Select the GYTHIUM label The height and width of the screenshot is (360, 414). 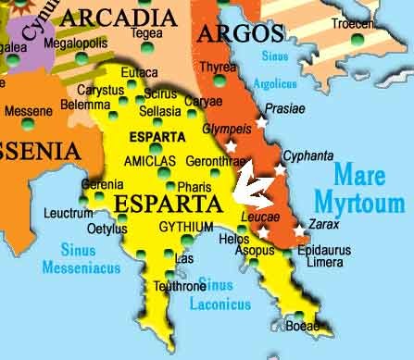point(186,227)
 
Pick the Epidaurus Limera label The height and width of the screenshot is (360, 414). point(345,256)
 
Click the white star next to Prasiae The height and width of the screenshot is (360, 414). point(262,121)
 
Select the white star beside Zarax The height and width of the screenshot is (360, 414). point(300,230)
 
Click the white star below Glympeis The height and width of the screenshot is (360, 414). point(231,145)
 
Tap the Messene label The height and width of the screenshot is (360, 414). point(29,111)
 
